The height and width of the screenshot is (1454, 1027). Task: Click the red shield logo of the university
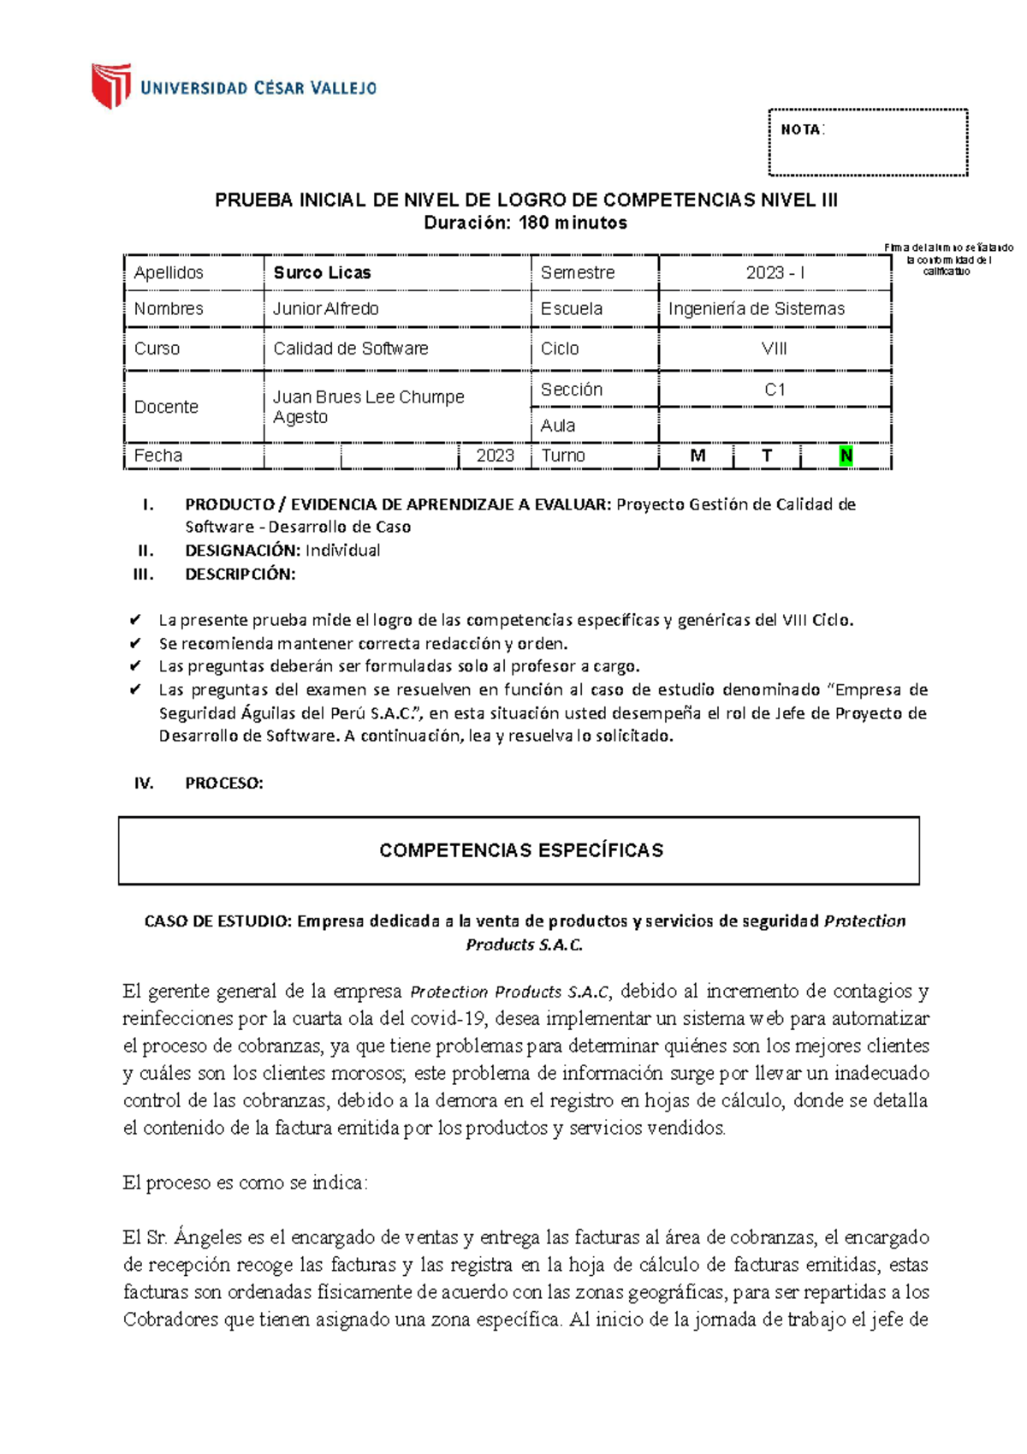coord(111,86)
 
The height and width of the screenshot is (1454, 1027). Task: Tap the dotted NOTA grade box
coord(868,142)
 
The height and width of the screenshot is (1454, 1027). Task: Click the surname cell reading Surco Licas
coord(322,272)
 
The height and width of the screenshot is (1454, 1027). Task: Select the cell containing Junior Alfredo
coord(325,308)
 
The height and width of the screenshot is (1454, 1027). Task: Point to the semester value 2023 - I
coord(775,272)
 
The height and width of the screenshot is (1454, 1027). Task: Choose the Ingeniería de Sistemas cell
coord(756,308)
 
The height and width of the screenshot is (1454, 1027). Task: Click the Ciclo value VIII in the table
coord(774,349)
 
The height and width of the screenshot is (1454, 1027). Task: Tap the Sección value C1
coord(775,390)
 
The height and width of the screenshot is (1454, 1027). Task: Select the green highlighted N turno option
coord(846,456)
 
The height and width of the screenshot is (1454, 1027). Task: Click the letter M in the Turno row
coord(698,456)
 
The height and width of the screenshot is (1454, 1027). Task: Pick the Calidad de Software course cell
coord(350,349)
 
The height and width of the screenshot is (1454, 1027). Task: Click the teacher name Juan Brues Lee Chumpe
coord(368,397)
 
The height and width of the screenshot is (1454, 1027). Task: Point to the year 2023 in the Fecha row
coord(495,456)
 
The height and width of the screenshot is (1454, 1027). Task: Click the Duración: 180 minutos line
coord(525,223)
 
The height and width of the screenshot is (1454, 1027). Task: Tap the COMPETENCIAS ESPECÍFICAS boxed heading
coord(520,850)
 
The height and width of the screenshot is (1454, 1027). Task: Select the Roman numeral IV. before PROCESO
coord(143,783)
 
